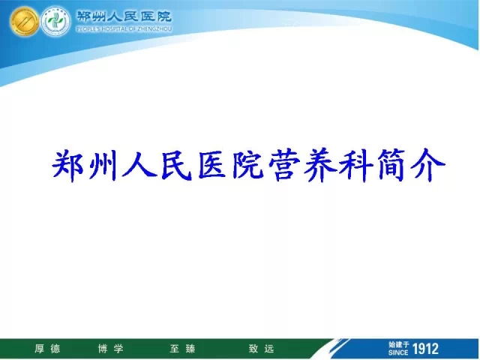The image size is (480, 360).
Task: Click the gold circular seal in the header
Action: pos(24,21)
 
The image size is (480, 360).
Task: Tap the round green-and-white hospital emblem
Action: pos(55,21)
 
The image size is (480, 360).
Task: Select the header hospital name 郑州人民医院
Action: pos(124,16)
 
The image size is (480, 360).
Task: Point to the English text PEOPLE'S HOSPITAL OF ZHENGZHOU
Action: pos(124,29)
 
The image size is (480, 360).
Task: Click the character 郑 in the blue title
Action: pos(68,165)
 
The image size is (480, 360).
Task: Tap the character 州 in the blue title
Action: pos(103,165)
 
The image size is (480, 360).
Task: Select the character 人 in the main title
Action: pos(139,165)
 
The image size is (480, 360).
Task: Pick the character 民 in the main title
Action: pos(176,165)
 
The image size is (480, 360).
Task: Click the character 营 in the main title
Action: pos(283,165)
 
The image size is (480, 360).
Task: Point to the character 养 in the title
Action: pos(320,165)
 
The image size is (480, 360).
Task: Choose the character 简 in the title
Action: pos(392,165)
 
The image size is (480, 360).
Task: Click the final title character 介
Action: pos(427,165)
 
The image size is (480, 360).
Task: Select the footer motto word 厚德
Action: pos(47,349)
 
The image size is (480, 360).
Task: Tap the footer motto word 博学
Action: pos(111,349)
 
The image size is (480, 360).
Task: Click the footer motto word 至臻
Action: pos(183,349)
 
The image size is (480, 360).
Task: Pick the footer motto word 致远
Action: pos(262,349)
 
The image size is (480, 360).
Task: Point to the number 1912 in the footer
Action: pos(426,349)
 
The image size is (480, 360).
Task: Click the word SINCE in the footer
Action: pos(398,352)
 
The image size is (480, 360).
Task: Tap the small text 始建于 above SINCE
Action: pos(398,345)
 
